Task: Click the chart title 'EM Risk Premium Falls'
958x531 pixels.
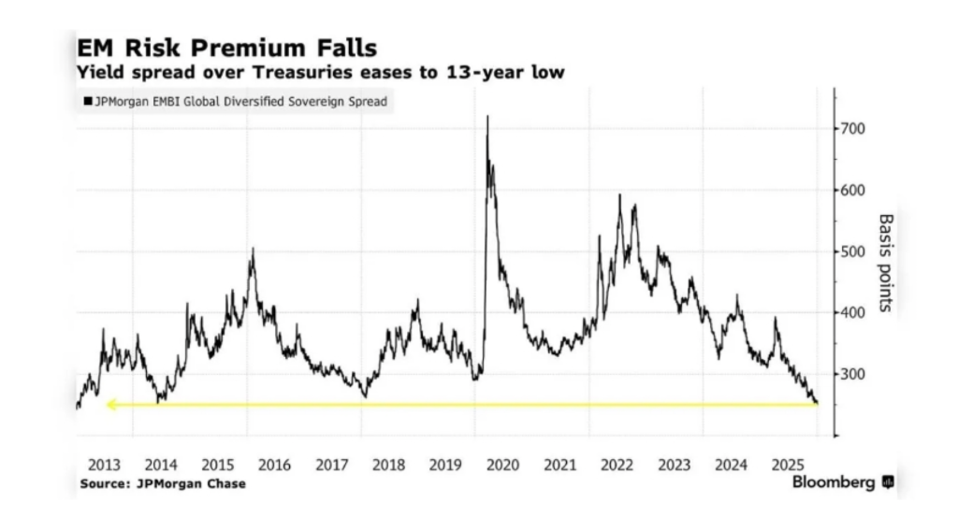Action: click(x=227, y=47)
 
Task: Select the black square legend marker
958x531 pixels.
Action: click(x=87, y=100)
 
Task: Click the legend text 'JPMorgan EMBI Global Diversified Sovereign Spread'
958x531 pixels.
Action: click(x=240, y=100)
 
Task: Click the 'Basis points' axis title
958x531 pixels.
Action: click(x=885, y=263)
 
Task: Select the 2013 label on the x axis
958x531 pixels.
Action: click(x=104, y=465)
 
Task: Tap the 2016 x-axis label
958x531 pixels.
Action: click(x=275, y=465)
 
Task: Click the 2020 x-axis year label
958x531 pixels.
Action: click(x=503, y=465)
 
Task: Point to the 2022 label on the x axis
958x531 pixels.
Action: click(x=617, y=465)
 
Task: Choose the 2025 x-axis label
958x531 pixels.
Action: click(x=790, y=465)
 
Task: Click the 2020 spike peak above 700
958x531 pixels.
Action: click(x=487, y=117)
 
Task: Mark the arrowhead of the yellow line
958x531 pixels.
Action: click(x=109, y=405)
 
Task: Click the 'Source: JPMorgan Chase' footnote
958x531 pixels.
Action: click(x=163, y=484)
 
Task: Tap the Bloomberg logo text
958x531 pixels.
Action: click(x=834, y=482)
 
